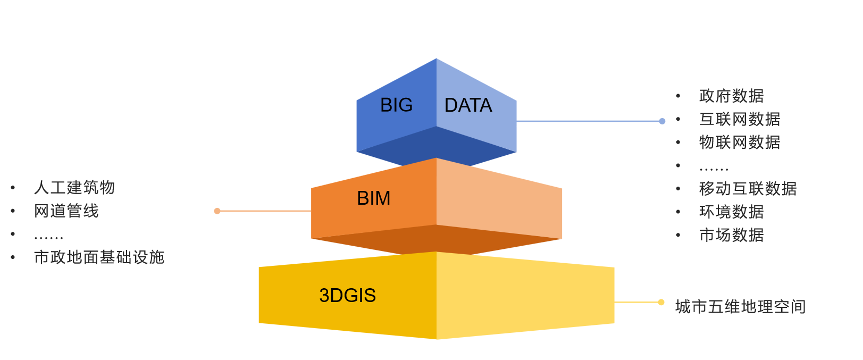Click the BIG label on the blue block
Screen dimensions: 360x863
point(396,105)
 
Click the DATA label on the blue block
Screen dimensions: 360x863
point(468,105)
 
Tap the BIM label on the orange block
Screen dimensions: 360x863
point(373,198)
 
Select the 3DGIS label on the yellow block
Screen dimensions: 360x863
point(347,295)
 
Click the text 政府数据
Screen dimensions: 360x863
point(731,96)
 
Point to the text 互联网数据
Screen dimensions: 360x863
point(740,119)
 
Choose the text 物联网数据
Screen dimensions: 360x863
point(740,143)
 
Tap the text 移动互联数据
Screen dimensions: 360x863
point(748,189)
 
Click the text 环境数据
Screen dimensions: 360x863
point(731,212)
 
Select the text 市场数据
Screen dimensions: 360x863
point(731,235)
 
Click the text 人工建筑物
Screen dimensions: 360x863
point(74,188)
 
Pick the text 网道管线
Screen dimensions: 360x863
point(66,211)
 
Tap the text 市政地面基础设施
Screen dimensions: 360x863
point(99,257)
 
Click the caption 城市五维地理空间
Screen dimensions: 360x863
point(740,307)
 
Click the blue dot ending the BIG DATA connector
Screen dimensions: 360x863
point(662,121)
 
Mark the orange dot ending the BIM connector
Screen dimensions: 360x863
point(217,211)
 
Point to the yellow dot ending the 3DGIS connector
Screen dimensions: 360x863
point(661,302)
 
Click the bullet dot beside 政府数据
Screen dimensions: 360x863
point(678,96)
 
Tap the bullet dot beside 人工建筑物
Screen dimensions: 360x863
point(13,188)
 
